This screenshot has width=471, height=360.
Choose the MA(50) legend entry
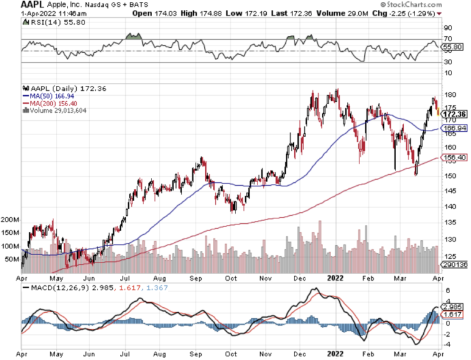(x=47, y=96)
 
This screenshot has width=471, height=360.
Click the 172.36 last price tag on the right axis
(x=454, y=114)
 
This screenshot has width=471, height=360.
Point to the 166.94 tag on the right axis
(x=454, y=128)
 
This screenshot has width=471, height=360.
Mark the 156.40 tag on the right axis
(x=454, y=158)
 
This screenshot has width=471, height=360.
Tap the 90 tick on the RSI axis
(x=448, y=28)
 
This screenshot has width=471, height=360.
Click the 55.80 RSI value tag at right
(x=453, y=46)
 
